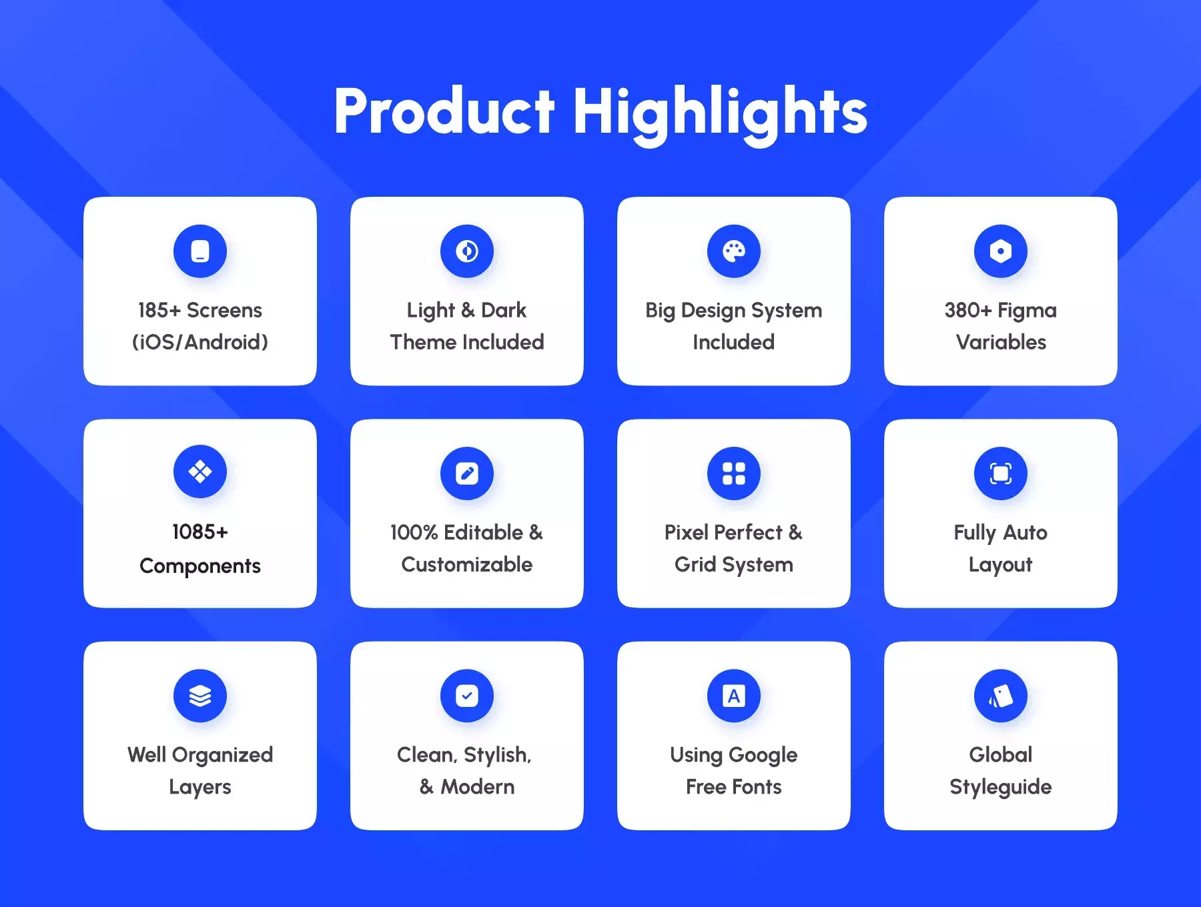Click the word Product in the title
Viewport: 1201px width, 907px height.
pos(444,111)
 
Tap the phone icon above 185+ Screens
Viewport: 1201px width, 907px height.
pos(200,251)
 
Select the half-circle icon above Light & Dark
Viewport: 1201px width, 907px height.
pos(467,251)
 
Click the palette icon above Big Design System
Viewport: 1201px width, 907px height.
pos(734,251)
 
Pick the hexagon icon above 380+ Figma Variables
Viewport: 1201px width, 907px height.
pos(1001,251)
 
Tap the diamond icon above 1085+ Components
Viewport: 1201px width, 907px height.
pos(200,472)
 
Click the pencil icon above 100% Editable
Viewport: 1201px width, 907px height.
pos(467,474)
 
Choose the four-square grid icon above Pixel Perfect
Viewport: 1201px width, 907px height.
pos(734,474)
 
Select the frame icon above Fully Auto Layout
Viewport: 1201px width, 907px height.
pos(1001,474)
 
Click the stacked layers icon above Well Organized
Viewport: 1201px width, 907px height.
pos(200,696)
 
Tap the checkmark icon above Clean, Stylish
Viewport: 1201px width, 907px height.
pos(467,696)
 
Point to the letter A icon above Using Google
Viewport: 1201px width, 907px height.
pos(734,696)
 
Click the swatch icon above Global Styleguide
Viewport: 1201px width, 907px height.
pos(1001,696)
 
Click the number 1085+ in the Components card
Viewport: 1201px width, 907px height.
pos(200,532)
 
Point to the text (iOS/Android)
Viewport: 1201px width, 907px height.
pos(200,342)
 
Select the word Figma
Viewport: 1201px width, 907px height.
pos(1027,311)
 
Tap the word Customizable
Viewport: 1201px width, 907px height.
pos(467,564)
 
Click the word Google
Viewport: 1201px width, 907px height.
pos(763,756)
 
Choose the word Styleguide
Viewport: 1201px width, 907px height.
pos(1001,788)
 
